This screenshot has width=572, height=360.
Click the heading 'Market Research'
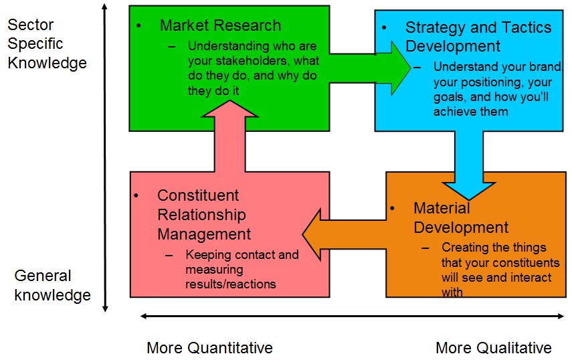[x=220, y=26]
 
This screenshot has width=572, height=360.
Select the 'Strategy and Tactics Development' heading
[x=478, y=37]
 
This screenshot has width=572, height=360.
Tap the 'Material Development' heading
[x=461, y=217]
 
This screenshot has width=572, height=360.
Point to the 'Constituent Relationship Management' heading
[x=204, y=215]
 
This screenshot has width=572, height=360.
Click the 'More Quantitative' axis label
[x=209, y=348]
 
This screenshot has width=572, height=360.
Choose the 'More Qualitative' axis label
[x=493, y=348]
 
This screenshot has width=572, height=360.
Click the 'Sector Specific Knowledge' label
[x=47, y=44]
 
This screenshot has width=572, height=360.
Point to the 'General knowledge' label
[x=52, y=285]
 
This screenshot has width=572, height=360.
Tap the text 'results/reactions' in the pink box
[x=231, y=284]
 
